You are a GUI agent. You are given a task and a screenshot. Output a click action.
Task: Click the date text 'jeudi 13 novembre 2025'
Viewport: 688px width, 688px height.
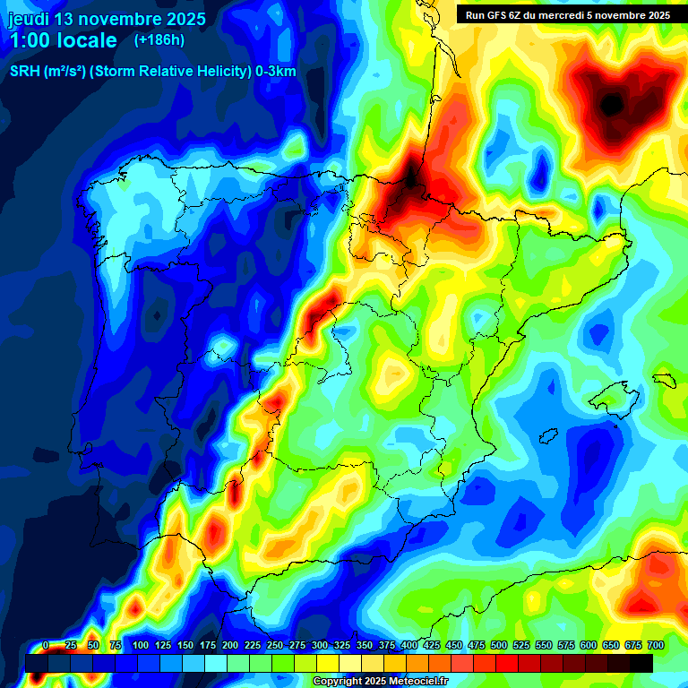point(107,19)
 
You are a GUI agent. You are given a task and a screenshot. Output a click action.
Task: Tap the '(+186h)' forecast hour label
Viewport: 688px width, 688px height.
point(159,40)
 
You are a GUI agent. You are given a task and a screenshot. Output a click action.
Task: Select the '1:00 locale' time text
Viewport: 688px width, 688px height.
point(63,40)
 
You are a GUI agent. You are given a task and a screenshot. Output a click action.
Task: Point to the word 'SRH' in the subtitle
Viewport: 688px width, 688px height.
point(26,72)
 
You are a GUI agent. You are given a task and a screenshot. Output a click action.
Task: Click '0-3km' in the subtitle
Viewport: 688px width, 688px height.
point(275,72)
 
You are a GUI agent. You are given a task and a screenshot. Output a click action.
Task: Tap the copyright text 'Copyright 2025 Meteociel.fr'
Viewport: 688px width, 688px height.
point(379,682)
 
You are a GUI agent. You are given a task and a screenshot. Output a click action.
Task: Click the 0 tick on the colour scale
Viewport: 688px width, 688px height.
point(46,646)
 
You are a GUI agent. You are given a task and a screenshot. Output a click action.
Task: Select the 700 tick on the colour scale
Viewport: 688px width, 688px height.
point(655,646)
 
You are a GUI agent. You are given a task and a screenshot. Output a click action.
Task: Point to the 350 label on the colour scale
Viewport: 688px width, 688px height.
point(364,646)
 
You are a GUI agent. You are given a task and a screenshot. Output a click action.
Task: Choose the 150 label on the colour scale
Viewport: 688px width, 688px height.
point(185,646)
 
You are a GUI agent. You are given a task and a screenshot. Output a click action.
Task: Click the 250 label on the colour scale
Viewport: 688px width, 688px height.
point(274,646)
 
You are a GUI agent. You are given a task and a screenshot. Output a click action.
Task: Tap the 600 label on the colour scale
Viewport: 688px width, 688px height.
point(588,646)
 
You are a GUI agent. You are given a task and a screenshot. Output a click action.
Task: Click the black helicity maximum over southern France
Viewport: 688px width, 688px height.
point(612,105)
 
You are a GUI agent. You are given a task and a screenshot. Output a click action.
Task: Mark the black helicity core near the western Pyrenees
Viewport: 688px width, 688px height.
point(410,177)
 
